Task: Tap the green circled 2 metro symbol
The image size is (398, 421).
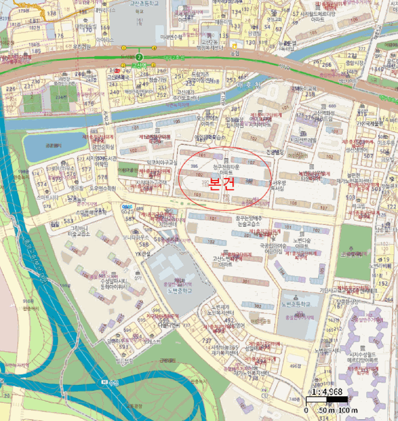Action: pyautogui.click(x=139, y=56)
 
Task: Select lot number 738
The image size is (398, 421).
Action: pyautogui.click(x=253, y=377)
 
